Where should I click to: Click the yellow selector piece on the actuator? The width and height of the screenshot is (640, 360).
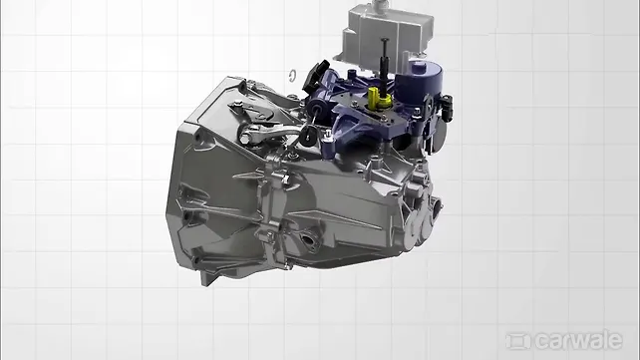378,98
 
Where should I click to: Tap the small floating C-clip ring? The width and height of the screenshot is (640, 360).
292,76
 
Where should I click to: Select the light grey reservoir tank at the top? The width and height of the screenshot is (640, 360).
384,33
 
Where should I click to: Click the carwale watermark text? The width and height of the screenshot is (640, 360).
579,340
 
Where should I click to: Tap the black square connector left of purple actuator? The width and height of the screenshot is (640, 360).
316,76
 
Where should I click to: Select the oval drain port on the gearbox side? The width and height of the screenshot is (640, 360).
309,239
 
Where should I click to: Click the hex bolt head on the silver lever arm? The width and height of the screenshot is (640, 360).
243,140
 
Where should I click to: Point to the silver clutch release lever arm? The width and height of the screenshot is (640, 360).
269,133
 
